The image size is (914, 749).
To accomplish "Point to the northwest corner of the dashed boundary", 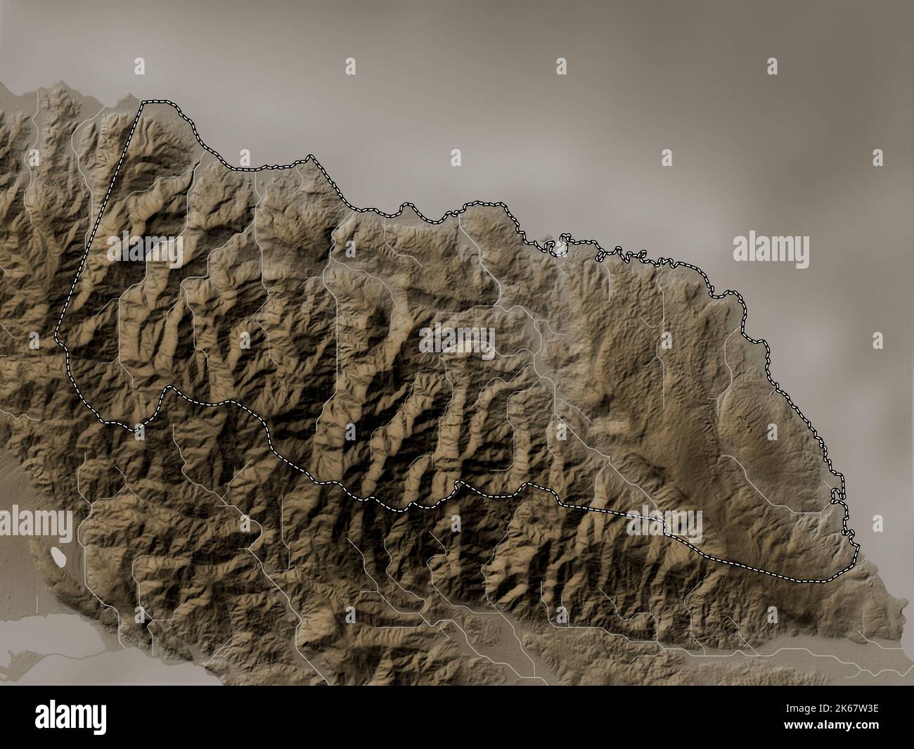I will pyautogui.click(x=143, y=103).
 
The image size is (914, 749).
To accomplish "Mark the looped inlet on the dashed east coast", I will pyautogui.click(x=836, y=499).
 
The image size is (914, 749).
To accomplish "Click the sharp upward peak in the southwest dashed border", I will pyautogui.click(x=167, y=388).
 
